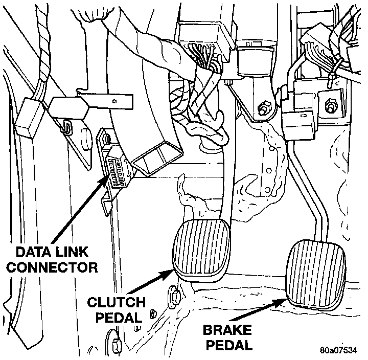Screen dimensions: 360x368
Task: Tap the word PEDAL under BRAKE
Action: click(x=225, y=345)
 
